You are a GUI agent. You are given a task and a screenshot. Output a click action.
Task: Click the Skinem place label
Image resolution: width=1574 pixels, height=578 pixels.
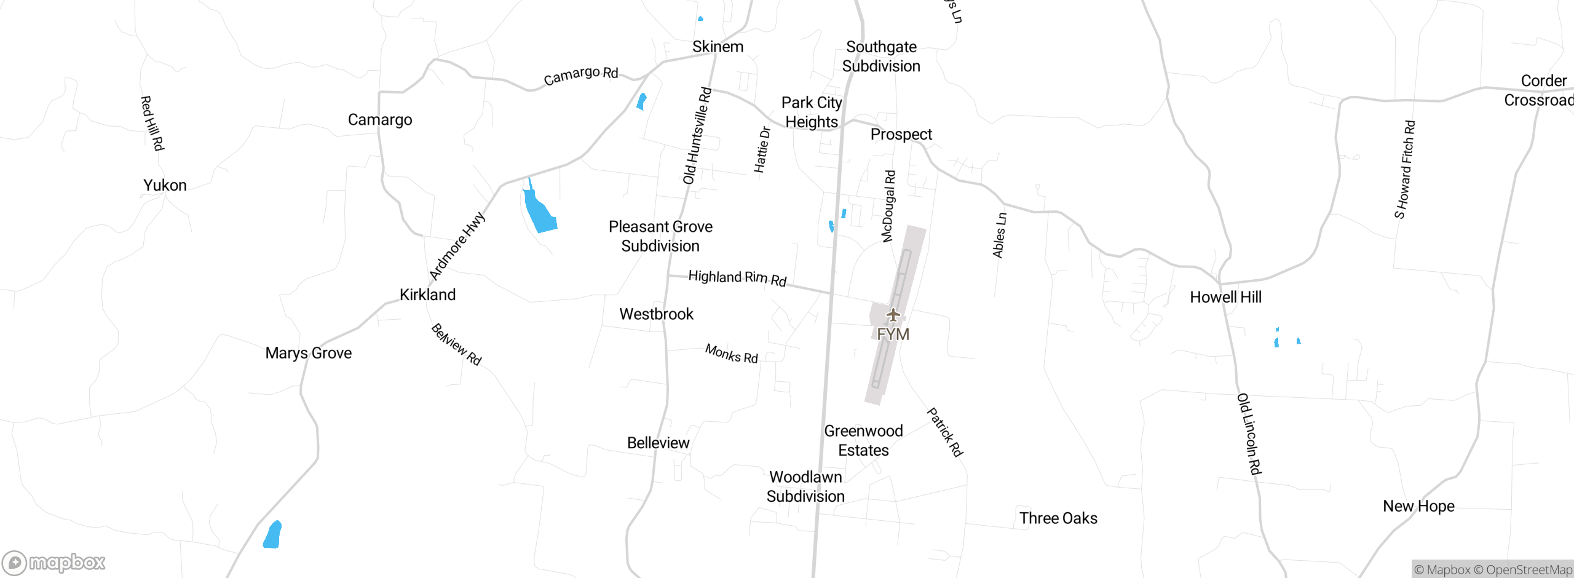click(718, 47)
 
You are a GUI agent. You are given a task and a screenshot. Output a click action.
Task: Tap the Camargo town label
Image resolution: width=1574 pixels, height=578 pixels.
click(380, 120)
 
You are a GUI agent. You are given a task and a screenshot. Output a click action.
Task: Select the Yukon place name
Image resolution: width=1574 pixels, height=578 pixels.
click(165, 185)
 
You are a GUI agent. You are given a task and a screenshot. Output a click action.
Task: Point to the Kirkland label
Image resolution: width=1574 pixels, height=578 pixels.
click(427, 295)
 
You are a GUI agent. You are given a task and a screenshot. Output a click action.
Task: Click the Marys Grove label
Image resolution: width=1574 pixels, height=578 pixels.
click(309, 353)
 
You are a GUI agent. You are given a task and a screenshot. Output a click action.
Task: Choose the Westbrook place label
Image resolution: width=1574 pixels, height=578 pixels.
click(656, 314)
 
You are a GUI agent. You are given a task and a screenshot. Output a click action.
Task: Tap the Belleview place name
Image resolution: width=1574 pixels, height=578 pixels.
click(658, 443)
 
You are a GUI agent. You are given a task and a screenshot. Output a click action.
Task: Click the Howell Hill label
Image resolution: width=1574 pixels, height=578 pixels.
click(1225, 298)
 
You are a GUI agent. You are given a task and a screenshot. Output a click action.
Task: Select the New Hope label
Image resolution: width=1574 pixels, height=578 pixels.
click(1418, 506)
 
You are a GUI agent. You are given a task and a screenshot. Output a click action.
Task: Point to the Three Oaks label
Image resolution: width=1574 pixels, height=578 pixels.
click(1058, 518)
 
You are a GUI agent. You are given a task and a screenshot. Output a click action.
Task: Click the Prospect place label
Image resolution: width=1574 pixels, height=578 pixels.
click(901, 134)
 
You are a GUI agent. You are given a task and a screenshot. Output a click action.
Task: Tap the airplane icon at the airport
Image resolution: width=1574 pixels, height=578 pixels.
click(893, 315)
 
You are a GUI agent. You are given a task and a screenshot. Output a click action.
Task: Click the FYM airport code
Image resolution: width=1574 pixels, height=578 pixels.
click(893, 335)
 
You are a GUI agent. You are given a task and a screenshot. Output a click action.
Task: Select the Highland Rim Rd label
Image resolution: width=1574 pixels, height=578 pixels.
click(737, 278)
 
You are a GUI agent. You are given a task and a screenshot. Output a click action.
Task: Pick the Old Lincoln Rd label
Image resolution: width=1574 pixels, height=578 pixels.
click(1249, 434)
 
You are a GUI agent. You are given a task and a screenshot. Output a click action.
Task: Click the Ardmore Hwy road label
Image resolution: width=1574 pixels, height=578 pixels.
click(457, 246)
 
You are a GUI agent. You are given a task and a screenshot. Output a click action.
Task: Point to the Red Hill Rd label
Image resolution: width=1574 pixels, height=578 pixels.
click(152, 123)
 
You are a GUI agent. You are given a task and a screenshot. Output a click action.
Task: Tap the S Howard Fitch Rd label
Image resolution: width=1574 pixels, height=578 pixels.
click(1404, 170)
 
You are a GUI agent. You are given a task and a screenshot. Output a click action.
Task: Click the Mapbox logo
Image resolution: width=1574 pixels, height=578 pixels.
click(54, 563)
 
